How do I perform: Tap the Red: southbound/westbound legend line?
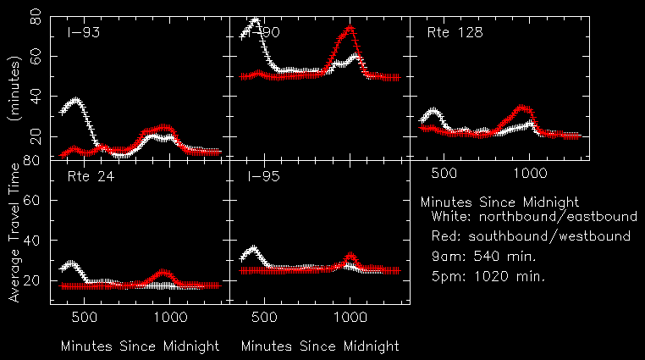530,236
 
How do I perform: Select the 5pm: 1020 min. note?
488,275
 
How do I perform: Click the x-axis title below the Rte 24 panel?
140,346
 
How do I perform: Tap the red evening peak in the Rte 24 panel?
164,272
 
